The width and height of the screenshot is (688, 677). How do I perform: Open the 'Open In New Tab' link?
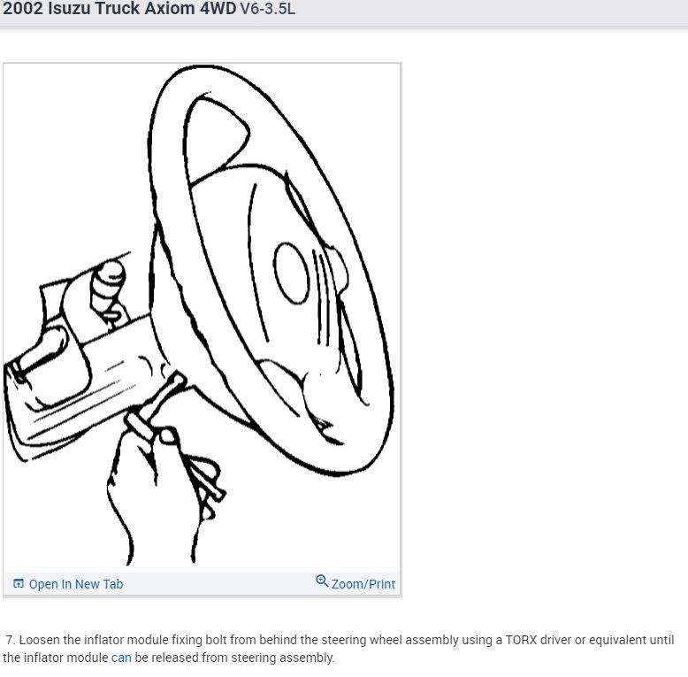coord(75,584)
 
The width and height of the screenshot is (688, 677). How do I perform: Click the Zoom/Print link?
coord(363,584)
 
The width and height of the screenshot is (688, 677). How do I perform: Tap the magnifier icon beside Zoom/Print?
coord(322,581)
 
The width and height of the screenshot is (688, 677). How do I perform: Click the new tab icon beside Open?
coord(19,584)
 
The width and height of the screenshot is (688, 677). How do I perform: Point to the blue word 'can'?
coord(121,658)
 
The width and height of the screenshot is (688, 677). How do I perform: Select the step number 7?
coord(10,639)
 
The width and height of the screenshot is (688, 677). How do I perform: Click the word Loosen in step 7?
coord(41,639)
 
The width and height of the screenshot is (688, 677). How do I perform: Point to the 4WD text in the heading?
coord(218,12)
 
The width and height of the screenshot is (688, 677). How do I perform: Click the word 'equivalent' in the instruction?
coord(619,639)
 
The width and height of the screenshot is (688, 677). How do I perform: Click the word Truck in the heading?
coord(117,12)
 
